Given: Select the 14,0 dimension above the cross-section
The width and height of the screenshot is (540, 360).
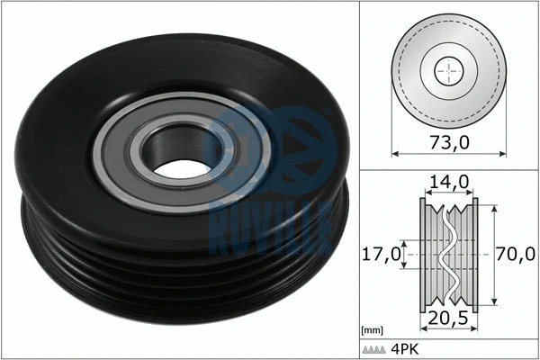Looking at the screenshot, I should coord(449,182).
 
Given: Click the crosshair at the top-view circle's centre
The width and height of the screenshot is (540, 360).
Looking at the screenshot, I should coord(447,69).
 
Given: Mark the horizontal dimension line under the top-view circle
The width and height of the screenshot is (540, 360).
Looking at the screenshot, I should coord(447,156).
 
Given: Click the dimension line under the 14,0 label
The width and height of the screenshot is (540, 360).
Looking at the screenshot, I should coord(449,193).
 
